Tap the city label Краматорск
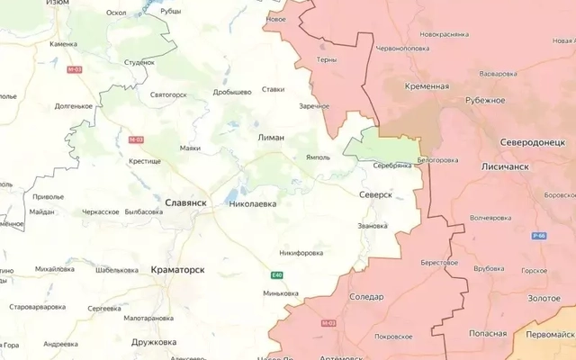tap(178, 269)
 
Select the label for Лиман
tap(271, 138)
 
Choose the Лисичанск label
tap(500, 168)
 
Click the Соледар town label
tap(366, 296)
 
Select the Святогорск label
tap(167, 94)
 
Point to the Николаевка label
tap(253, 204)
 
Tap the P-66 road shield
tap(539, 236)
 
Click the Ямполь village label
tap(318, 156)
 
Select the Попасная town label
tap(487, 331)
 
